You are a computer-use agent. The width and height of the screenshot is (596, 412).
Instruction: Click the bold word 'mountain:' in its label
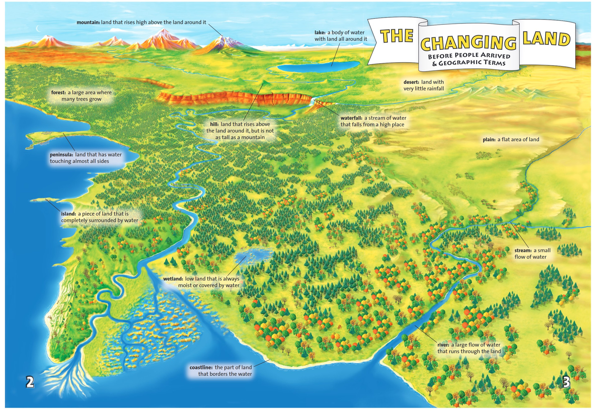tap(88, 22)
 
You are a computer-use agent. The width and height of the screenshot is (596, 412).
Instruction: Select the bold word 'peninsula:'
tap(61, 154)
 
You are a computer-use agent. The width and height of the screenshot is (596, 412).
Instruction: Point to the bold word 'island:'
tap(68, 214)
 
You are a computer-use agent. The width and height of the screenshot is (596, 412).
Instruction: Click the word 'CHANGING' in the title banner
tap(468, 43)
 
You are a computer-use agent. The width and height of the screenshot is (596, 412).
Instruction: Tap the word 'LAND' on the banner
tap(546, 39)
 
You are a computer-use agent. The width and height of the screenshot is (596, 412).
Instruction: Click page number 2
tap(30, 382)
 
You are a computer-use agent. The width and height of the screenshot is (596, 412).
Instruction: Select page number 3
tap(566, 382)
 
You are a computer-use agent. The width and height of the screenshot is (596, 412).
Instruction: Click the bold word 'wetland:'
tap(173, 279)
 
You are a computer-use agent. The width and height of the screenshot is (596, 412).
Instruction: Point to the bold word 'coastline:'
tap(201, 367)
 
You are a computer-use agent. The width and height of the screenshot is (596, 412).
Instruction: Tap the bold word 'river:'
tap(443, 345)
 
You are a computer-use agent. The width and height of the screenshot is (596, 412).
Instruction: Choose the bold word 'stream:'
tap(523, 250)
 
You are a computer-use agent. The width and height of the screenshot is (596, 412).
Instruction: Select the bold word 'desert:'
tap(411, 82)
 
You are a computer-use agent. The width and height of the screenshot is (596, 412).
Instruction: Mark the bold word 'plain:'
tap(489, 140)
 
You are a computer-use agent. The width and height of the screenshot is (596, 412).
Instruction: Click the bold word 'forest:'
tap(58, 92)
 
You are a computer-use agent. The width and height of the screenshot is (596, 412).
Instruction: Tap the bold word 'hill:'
tap(214, 124)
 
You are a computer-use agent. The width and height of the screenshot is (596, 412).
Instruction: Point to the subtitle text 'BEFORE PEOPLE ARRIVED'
tap(469, 56)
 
